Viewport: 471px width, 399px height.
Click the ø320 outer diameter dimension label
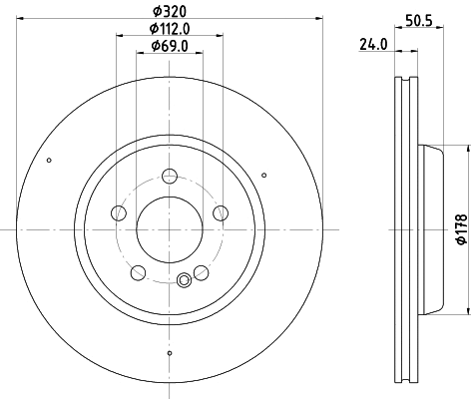(x=171, y=10)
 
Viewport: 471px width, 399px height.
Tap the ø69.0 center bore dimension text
(x=171, y=46)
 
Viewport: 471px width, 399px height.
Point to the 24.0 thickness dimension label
(x=372, y=44)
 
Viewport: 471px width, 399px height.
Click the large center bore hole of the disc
(x=169, y=228)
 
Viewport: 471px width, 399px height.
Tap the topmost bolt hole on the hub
(x=169, y=178)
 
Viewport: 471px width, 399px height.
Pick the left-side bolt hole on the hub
(x=120, y=212)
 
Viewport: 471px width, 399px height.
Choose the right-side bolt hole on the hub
(x=218, y=212)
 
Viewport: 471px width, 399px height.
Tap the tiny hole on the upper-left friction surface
(x=49, y=160)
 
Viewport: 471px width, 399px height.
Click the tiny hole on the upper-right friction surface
(x=263, y=176)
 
